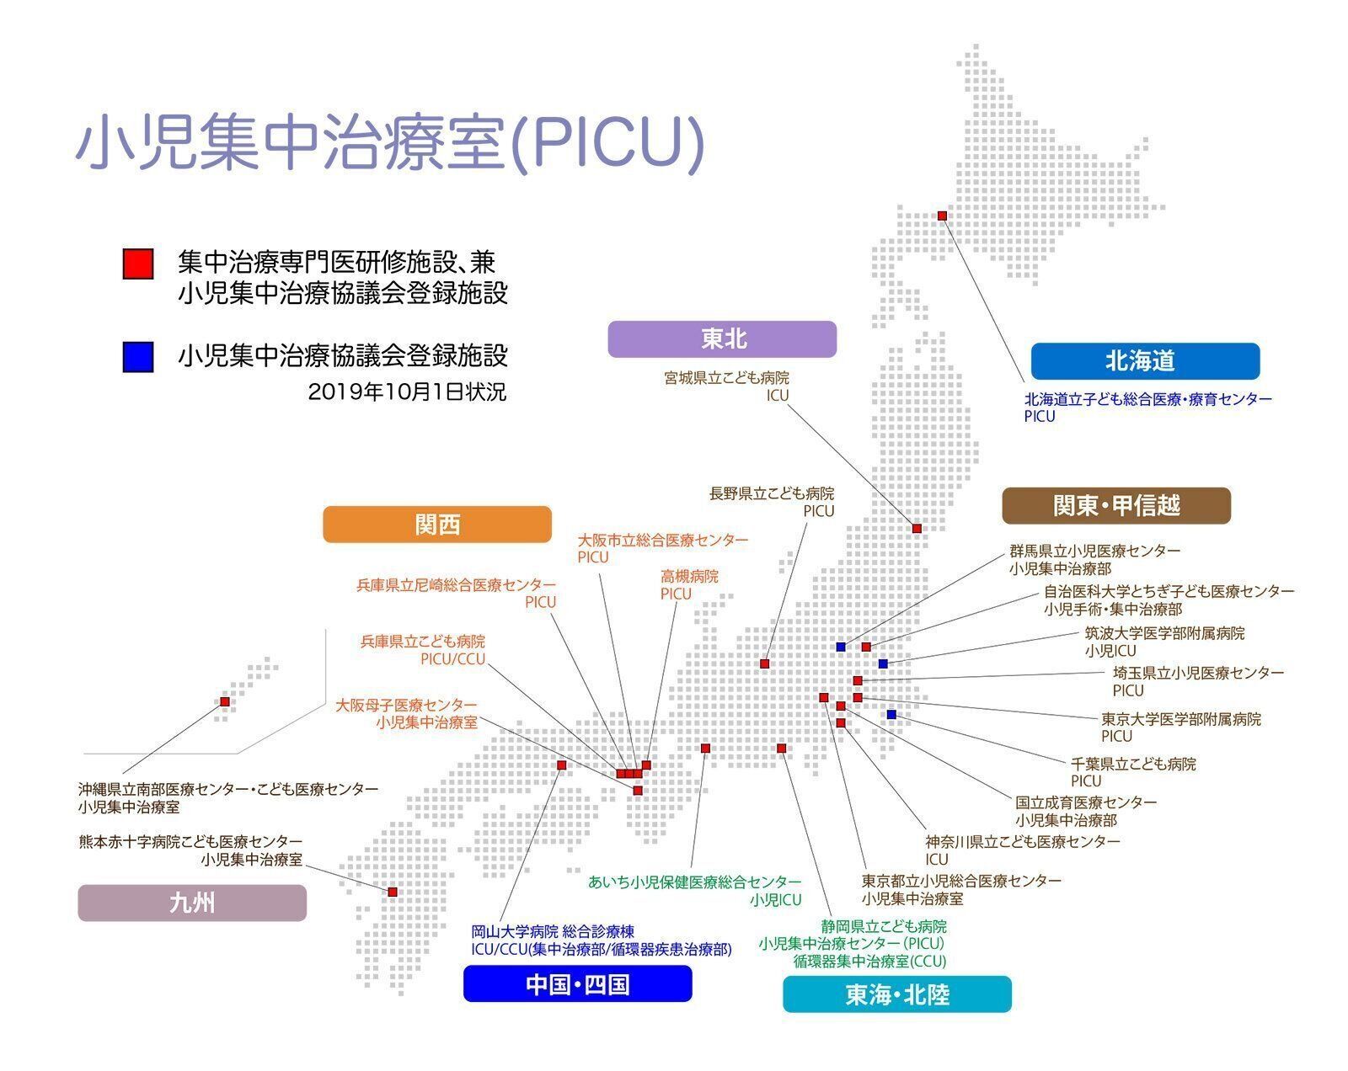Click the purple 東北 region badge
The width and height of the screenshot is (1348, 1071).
[722, 339]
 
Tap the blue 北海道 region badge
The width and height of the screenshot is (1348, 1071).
[1145, 361]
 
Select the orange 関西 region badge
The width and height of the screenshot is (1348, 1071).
[437, 525]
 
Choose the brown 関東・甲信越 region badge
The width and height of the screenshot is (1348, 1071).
[1116, 506]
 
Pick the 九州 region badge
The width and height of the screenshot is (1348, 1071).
[192, 903]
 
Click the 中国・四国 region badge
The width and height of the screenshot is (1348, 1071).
[577, 983]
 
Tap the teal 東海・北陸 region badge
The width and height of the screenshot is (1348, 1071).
[897, 994]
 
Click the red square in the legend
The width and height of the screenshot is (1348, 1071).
[137, 264]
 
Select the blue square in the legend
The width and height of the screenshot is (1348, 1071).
[137, 356]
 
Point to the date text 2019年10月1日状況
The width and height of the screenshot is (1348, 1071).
[408, 392]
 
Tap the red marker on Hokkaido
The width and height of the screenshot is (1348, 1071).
[942, 216]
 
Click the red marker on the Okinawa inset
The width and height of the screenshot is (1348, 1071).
[225, 701]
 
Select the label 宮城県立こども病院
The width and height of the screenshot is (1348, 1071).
[727, 378]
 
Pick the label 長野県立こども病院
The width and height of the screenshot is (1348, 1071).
[772, 493]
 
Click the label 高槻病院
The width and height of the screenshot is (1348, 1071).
[689, 577]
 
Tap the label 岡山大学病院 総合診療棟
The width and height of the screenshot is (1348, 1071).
[553, 931]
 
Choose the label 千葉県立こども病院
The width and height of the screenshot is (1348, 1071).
[1133, 765]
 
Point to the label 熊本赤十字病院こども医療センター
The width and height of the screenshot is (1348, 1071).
[190, 841]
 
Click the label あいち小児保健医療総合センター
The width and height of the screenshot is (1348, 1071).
[695, 882]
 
